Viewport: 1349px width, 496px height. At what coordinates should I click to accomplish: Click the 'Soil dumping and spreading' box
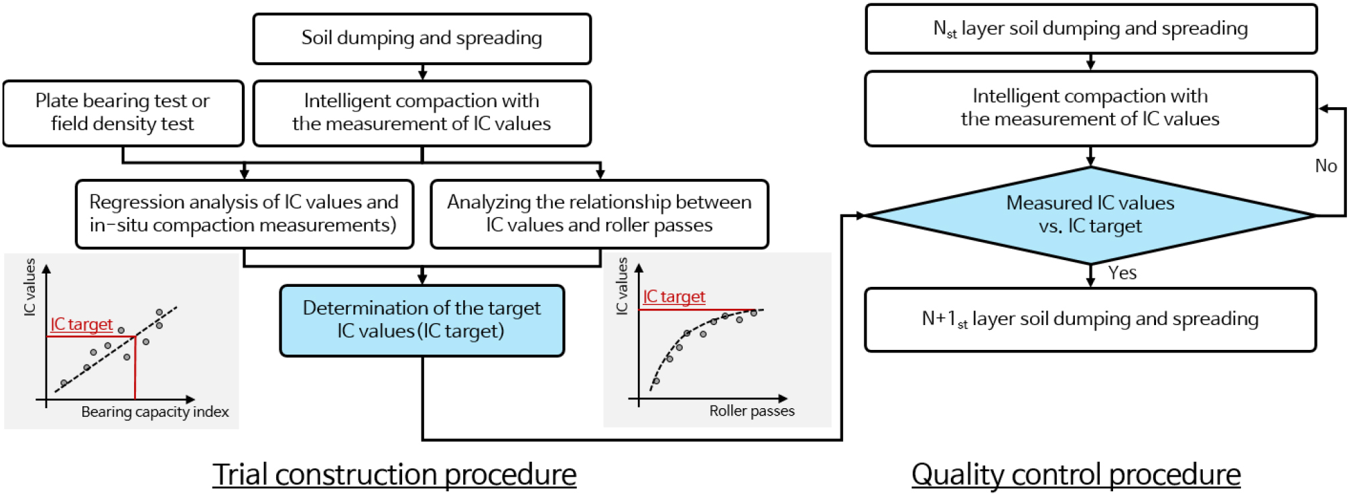pos(422,38)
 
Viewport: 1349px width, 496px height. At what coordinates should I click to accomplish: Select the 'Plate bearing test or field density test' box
pos(123,113)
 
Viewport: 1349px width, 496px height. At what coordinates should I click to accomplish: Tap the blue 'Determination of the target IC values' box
pos(422,320)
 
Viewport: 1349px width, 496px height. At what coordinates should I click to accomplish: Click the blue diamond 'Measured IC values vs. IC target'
pos(1090,214)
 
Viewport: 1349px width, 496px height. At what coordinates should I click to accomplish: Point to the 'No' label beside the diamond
pos(1326,166)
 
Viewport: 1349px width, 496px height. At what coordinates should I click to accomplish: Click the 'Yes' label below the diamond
pos(1122,273)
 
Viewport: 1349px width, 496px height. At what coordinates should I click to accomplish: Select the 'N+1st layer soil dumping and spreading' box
pos(1090,319)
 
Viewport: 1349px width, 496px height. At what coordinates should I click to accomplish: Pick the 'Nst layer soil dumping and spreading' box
pos(1090,29)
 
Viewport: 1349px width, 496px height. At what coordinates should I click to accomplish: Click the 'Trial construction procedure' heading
pos(394,475)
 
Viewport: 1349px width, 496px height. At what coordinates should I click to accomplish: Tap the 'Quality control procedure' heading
pos(1076,475)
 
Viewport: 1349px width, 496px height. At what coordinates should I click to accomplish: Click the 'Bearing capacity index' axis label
pos(155,412)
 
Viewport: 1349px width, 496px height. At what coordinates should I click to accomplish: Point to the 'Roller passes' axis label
pos(752,411)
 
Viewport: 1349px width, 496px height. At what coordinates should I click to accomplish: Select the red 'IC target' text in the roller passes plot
pos(673,296)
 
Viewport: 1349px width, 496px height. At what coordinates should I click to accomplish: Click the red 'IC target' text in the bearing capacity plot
pos(82,324)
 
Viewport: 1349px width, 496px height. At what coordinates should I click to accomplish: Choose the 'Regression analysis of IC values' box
pos(244,214)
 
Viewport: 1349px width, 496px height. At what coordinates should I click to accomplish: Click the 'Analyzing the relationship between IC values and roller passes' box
pos(599,214)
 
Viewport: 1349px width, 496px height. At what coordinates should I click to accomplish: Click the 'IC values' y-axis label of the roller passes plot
pos(622,286)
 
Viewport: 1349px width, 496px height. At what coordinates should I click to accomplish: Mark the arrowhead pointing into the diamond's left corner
pos(860,215)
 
